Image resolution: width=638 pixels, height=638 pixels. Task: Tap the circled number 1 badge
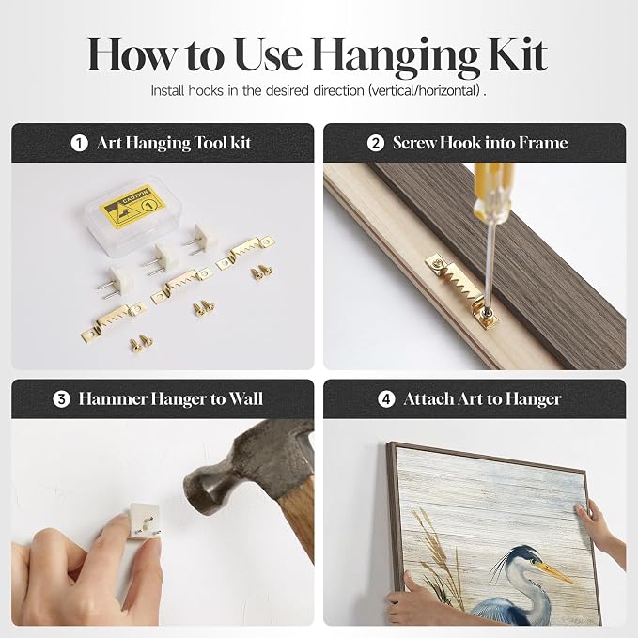click(x=79, y=143)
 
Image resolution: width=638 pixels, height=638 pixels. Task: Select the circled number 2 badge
click(x=375, y=143)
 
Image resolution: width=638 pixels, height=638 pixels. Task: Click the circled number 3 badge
click(x=61, y=399)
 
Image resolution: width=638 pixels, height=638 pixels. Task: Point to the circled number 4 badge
click(x=386, y=399)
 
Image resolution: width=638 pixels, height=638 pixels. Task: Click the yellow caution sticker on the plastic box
click(x=132, y=207)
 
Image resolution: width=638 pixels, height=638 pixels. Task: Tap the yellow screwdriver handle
click(x=493, y=188)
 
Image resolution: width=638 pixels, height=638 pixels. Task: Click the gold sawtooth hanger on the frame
click(x=462, y=288)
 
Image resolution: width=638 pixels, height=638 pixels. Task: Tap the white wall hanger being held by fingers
click(x=143, y=521)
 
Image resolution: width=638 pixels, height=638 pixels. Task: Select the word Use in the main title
click(x=269, y=54)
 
